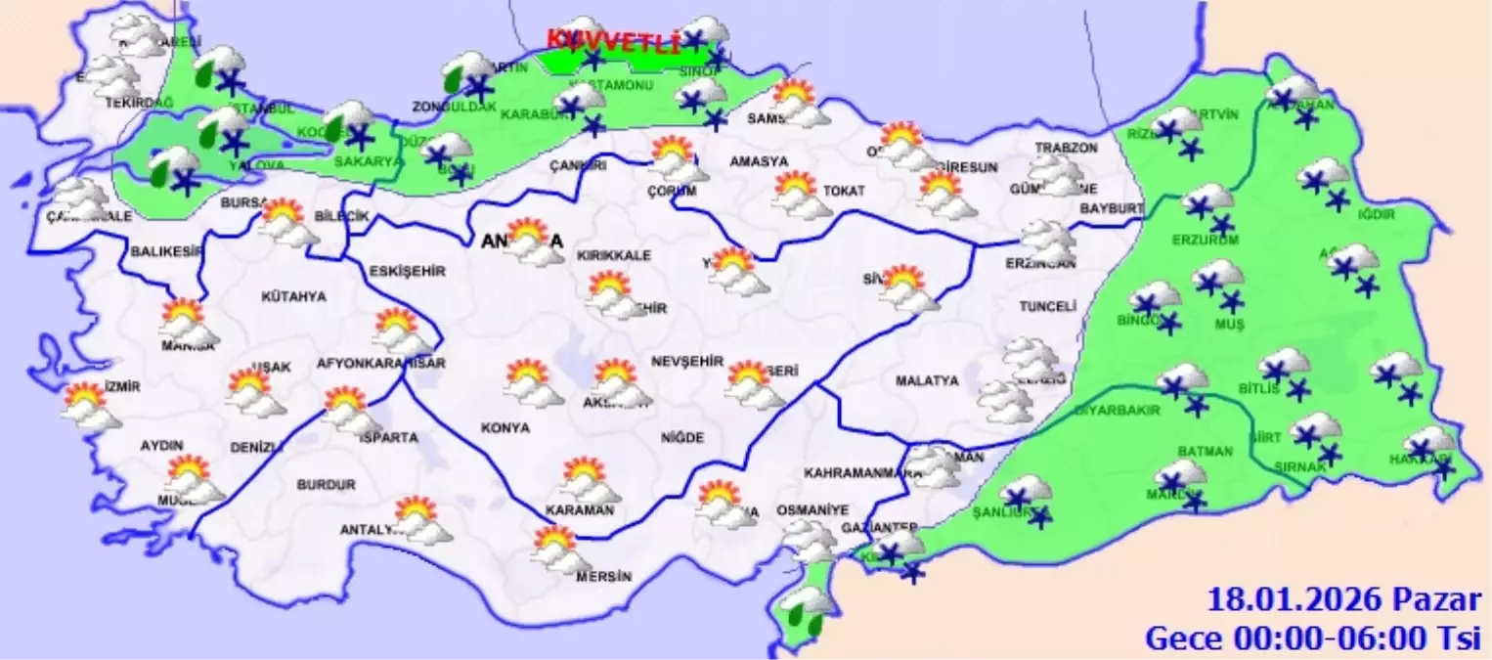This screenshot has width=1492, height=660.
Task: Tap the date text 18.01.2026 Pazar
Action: tap(1344, 599)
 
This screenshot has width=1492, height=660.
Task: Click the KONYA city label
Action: tap(505, 428)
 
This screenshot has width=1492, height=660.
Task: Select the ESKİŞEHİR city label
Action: tap(408, 271)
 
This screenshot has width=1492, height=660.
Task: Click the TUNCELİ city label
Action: tap(1047, 306)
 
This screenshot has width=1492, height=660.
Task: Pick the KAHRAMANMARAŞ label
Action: tap(862, 473)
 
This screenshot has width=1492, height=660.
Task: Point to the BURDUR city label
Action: tap(327, 484)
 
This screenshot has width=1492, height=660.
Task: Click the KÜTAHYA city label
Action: tap(293, 296)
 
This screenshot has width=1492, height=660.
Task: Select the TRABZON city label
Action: tap(1067, 148)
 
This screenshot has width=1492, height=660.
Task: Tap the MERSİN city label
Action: tap(603, 576)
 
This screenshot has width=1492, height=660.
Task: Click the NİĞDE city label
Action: tap(680, 438)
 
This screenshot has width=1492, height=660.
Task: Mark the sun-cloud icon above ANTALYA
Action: tap(422, 519)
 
